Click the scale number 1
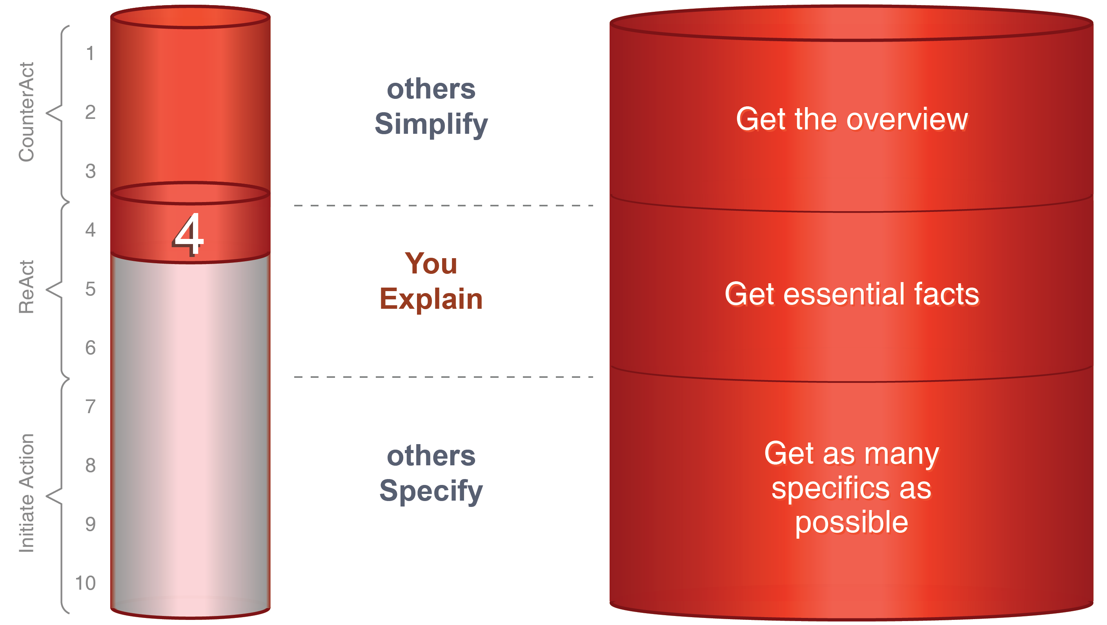(90, 54)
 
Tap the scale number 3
(90, 171)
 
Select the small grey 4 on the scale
(90, 230)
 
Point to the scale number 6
(90, 347)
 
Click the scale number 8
(90, 465)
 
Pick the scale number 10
(85, 583)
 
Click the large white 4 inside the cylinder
(188, 234)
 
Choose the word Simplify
(431, 124)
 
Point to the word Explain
(431, 299)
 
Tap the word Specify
(431, 491)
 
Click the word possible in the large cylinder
(851, 523)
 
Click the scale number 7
(90, 406)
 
